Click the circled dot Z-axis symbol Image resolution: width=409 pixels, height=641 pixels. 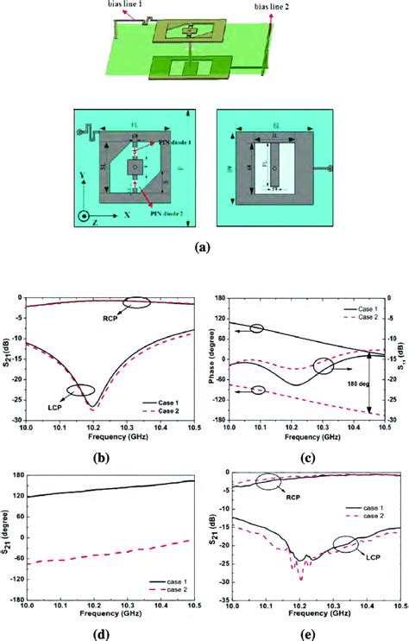[x=84, y=213]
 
